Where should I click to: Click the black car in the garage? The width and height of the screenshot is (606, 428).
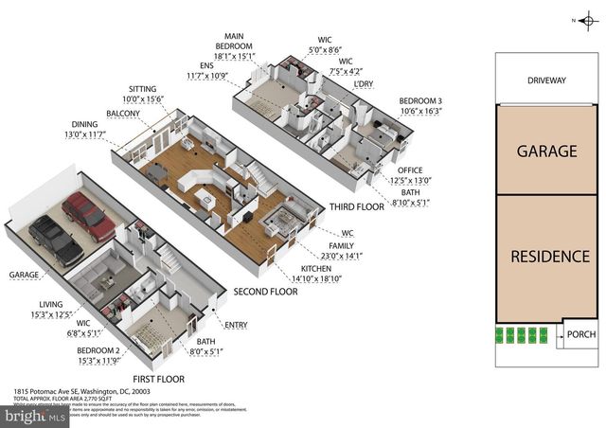[55, 241]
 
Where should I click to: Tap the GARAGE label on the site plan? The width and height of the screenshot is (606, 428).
[546, 151]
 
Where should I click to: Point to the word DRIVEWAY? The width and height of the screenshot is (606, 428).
[546, 81]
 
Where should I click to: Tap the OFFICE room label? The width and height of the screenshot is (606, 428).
[410, 169]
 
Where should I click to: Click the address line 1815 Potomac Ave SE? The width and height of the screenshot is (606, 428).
[71, 390]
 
